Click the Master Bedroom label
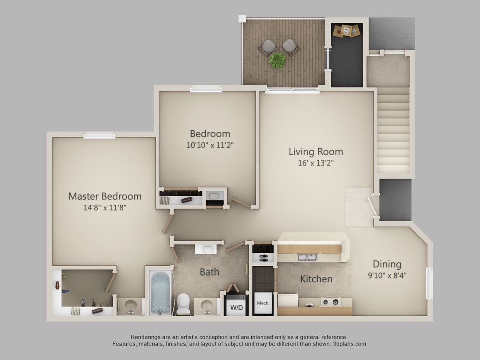tap(105, 196)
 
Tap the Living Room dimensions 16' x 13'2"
tap(316, 163)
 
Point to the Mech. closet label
tap(263, 303)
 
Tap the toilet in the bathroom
tap(183, 302)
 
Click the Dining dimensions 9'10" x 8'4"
tap(387, 276)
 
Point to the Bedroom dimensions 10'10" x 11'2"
tap(210, 145)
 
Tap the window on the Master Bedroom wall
tap(99, 136)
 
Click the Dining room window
tap(429, 283)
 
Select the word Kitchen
tap(316, 279)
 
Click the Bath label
tap(209, 272)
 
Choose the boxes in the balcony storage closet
tap(346, 30)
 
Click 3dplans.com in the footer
tap(349, 344)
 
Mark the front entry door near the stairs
tap(372, 207)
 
